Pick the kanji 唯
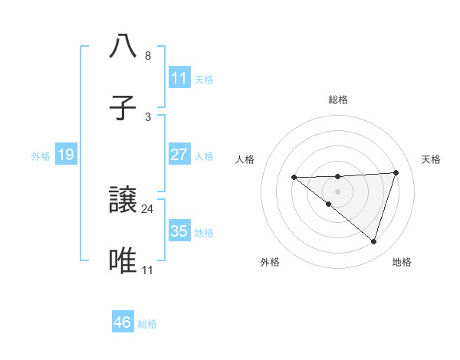[123, 261]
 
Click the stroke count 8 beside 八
[148, 56]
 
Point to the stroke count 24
[148, 208]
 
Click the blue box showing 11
[179, 78]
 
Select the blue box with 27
[179, 155]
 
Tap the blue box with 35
[179, 231]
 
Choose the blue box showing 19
[66, 155]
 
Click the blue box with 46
[123, 322]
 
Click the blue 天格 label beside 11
[204, 79]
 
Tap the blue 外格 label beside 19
[41, 156]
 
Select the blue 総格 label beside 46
[147, 324]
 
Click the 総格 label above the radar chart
[338, 100]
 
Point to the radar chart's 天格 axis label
[432, 159]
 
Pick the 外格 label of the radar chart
[270, 262]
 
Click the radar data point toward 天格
[396, 172]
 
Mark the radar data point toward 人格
[294, 178]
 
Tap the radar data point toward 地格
[373, 241]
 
